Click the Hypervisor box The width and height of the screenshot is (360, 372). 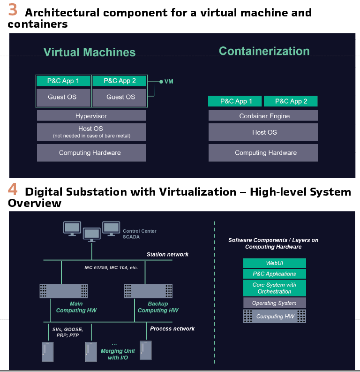[91, 116]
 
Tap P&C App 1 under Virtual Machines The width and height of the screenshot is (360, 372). [63, 81]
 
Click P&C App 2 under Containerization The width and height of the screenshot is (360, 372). [291, 101]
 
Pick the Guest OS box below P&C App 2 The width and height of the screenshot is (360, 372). [120, 97]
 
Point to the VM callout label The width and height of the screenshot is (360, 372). [169, 82]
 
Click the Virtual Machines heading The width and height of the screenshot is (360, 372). [90, 53]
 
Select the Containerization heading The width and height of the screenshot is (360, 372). [264, 51]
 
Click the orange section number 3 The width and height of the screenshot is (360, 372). [13, 10]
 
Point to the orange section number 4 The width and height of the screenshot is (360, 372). [13, 190]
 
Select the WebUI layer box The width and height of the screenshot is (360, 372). [275, 263]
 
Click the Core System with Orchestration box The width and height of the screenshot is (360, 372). [275, 288]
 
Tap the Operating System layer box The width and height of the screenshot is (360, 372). [275, 303]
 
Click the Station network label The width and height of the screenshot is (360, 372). [167, 254]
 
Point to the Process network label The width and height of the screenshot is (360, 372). [172, 329]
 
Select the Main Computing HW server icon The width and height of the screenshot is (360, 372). [64, 291]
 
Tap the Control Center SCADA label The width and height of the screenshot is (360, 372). [139, 234]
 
